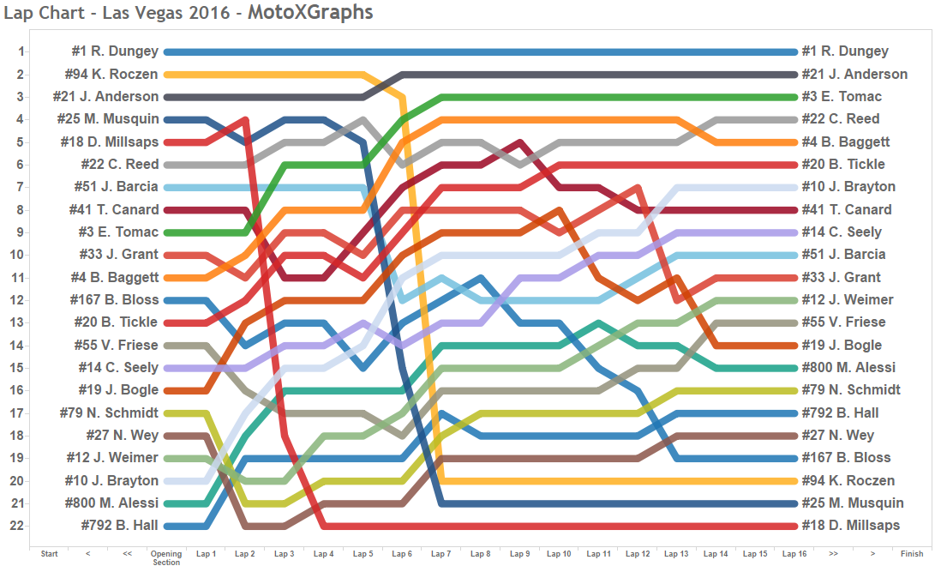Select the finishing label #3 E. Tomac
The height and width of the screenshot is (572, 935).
pyautogui.click(x=842, y=96)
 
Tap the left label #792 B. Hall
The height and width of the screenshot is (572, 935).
pyautogui.click(x=119, y=525)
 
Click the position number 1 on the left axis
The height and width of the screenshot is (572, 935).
pyautogui.click(x=21, y=51)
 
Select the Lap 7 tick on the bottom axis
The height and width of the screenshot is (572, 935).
pyautogui.click(x=441, y=554)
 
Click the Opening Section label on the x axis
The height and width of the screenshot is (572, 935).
pyautogui.click(x=166, y=558)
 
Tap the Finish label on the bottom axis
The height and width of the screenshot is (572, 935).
pyautogui.click(x=912, y=554)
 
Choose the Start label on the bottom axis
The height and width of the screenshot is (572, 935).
pyautogui.click(x=50, y=554)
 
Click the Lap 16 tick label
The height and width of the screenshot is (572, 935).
pyautogui.click(x=794, y=554)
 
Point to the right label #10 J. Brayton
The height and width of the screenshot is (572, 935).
pyautogui.click(x=848, y=186)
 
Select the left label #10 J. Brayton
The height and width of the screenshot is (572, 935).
pyautogui.click(x=113, y=480)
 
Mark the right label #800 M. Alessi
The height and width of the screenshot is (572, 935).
pyautogui.click(x=848, y=367)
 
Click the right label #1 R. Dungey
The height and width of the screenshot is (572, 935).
pyautogui.click(x=844, y=51)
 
